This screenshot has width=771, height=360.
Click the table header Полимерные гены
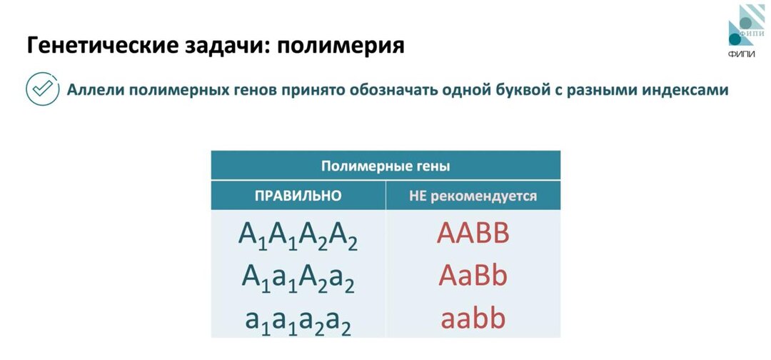385,166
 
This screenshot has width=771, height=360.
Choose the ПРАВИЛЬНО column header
298,196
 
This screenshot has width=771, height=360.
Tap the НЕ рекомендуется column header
473,196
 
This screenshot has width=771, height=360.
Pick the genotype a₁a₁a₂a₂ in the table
298,319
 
